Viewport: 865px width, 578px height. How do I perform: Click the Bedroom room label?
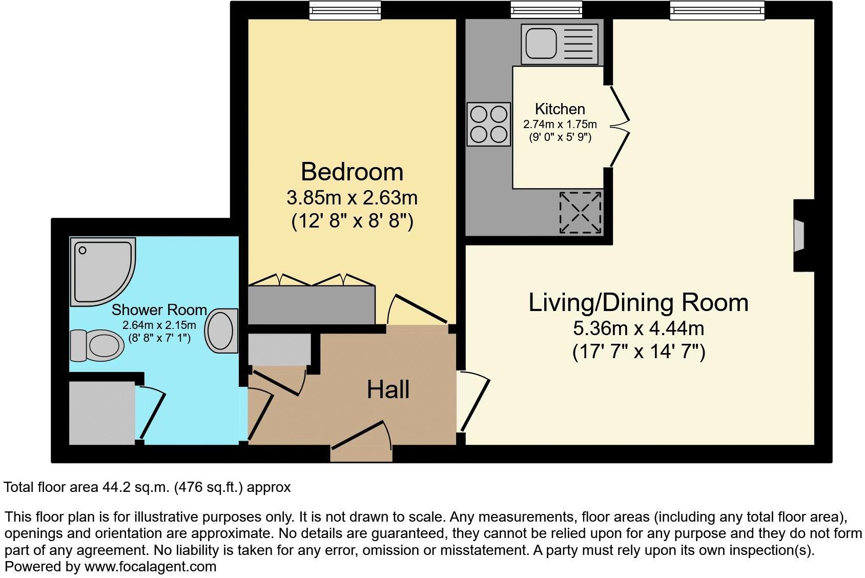tap(352, 172)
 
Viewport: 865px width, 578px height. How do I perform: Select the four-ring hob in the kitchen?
tap(489, 124)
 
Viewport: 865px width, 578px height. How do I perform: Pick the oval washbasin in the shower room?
tap(222, 331)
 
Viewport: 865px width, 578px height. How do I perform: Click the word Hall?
tap(388, 390)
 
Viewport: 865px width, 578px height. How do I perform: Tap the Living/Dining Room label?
tap(638, 302)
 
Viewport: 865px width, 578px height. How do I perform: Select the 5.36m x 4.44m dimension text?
tap(638, 328)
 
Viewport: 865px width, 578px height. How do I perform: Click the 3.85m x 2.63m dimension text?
tap(352, 197)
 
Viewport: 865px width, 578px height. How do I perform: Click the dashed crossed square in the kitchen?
tap(580, 212)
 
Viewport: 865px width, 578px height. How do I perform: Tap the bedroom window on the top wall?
tap(345, 10)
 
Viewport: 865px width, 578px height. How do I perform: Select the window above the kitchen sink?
tap(546, 10)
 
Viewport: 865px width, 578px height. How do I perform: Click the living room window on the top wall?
tap(716, 10)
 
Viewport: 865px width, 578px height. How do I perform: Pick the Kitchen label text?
tap(560, 109)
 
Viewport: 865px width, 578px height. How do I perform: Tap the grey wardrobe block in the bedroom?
tap(311, 305)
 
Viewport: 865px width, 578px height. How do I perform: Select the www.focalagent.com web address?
tap(150, 567)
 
